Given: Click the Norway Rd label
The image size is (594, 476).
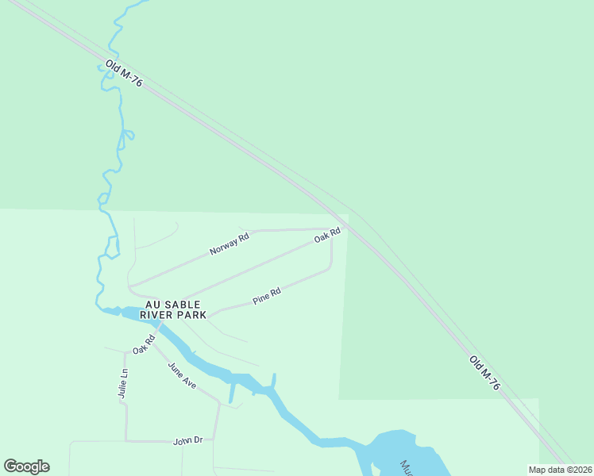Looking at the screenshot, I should (x=229, y=244).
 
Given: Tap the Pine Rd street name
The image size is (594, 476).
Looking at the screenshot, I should (x=266, y=297).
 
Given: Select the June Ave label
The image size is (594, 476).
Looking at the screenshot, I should (x=181, y=375).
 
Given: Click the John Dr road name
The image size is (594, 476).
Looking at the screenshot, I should (x=188, y=440).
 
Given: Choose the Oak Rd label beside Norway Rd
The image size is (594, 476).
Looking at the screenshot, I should (x=327, y=235).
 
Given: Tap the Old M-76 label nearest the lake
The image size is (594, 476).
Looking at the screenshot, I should (x=484, y=373).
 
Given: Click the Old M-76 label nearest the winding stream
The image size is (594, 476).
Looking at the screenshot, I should (x=123, y=73).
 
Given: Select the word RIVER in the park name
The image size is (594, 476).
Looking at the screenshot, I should (x=158, y=315).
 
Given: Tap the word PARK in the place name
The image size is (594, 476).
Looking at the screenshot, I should (x=193, y=315).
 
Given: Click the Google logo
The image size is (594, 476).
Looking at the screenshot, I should (x=26, y=466).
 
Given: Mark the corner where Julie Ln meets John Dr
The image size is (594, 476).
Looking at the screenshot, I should (x=125, y=440).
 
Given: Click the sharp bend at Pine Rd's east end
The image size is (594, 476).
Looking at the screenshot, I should (x=330, y=268).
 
